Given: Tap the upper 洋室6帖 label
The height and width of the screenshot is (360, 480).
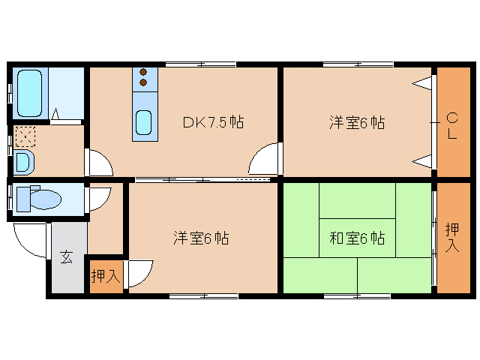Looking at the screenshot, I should (356, 122).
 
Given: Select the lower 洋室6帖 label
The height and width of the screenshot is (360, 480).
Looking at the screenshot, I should (201, 238).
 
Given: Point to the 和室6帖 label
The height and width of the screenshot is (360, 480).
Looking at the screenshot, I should (357, 238).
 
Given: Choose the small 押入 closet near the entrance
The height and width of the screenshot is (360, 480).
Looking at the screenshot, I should (106, 276).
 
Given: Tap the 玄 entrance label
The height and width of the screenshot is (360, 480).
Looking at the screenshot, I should (67, 257).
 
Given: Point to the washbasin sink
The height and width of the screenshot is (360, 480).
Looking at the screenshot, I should (22, 161).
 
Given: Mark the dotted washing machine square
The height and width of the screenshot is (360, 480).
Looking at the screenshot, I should (25, 136).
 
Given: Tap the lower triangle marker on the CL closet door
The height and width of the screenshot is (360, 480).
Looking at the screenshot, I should (424, 160).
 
